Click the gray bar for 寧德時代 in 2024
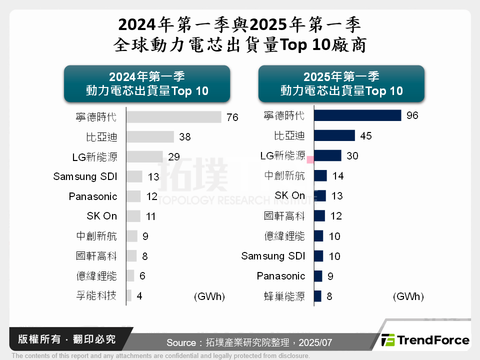(173, 117)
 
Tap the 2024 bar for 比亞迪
(150, 137)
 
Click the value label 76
(232, 117)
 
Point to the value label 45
(366, 136)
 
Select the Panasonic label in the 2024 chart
(93, 196)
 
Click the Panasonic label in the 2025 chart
(281, 276)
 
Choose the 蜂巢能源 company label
(284, 296)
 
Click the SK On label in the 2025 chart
(290, 195)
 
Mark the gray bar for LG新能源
(144, 156)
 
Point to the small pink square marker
(310, 159)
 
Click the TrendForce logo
(425, 340)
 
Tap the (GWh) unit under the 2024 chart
(209, 296)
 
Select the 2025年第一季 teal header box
(341, 83)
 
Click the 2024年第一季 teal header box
(147, 83)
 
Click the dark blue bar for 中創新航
(320, 175)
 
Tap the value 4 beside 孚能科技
(139, 296)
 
